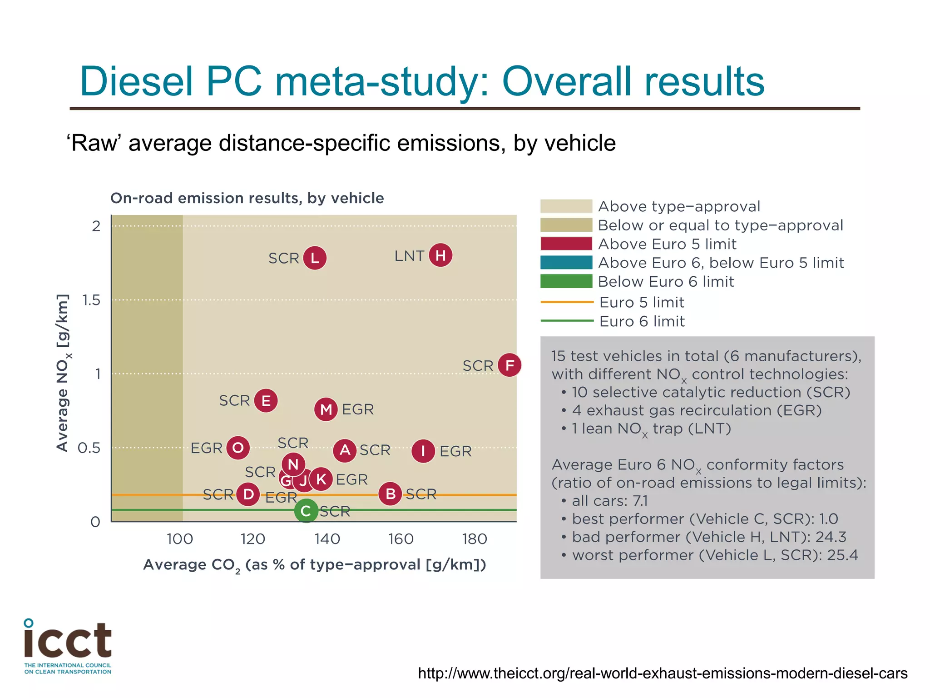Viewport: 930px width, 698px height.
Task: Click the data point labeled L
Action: (x=315, y=258)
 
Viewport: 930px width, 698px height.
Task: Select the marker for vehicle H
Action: (x=440, y=255)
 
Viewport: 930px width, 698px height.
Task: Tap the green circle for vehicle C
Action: (x=306, y=511)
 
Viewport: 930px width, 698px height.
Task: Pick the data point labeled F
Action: (x=510, y=365)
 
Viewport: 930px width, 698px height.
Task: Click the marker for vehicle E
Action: (x=266, y=401)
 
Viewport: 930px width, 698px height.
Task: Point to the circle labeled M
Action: (x=326, y=409)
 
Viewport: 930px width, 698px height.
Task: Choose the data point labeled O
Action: (x=238, y=448)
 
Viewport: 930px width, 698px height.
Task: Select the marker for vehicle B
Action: (x=390, y=494)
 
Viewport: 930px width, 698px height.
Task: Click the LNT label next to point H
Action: (x=409, y=256)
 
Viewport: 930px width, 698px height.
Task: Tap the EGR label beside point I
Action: (x=455, y=451)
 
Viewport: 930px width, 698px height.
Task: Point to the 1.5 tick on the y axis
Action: (x=91, y=300)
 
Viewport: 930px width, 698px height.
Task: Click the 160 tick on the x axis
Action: (x=401, y=539)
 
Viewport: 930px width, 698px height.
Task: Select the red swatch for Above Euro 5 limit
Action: (x=566, y=244)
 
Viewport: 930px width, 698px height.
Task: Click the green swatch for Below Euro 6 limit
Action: (x=566, y=281)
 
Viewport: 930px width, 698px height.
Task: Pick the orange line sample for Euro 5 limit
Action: (x=567, y=302)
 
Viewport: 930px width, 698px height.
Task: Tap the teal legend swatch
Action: (x=566, y=263)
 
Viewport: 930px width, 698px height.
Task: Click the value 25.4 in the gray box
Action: (x=843, y=555)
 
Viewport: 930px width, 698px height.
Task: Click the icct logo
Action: (x=68, y=645)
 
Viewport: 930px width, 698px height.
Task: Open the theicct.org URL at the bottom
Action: (x=663, y=673)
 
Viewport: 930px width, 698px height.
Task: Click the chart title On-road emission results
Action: (x=247, y=198)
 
